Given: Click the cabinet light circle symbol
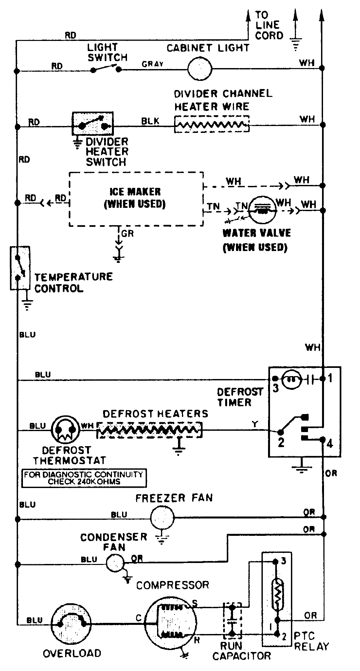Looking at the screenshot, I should point(200,69).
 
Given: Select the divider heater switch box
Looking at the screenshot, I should point(93,123).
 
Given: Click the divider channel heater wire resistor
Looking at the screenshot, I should point(211,124).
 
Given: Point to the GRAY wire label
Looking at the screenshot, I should point(153,64).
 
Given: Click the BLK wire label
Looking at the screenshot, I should point(150,121).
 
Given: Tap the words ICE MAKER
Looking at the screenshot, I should point(135,191).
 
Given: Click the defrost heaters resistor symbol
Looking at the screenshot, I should point(149,429).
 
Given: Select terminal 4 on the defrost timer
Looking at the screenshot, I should point(330,444).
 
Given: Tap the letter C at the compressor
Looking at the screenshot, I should point(139,618).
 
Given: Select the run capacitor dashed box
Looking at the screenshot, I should point(232,620).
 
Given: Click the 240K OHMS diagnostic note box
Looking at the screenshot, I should point(84,478).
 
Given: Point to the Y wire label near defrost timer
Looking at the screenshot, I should point(255,424).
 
